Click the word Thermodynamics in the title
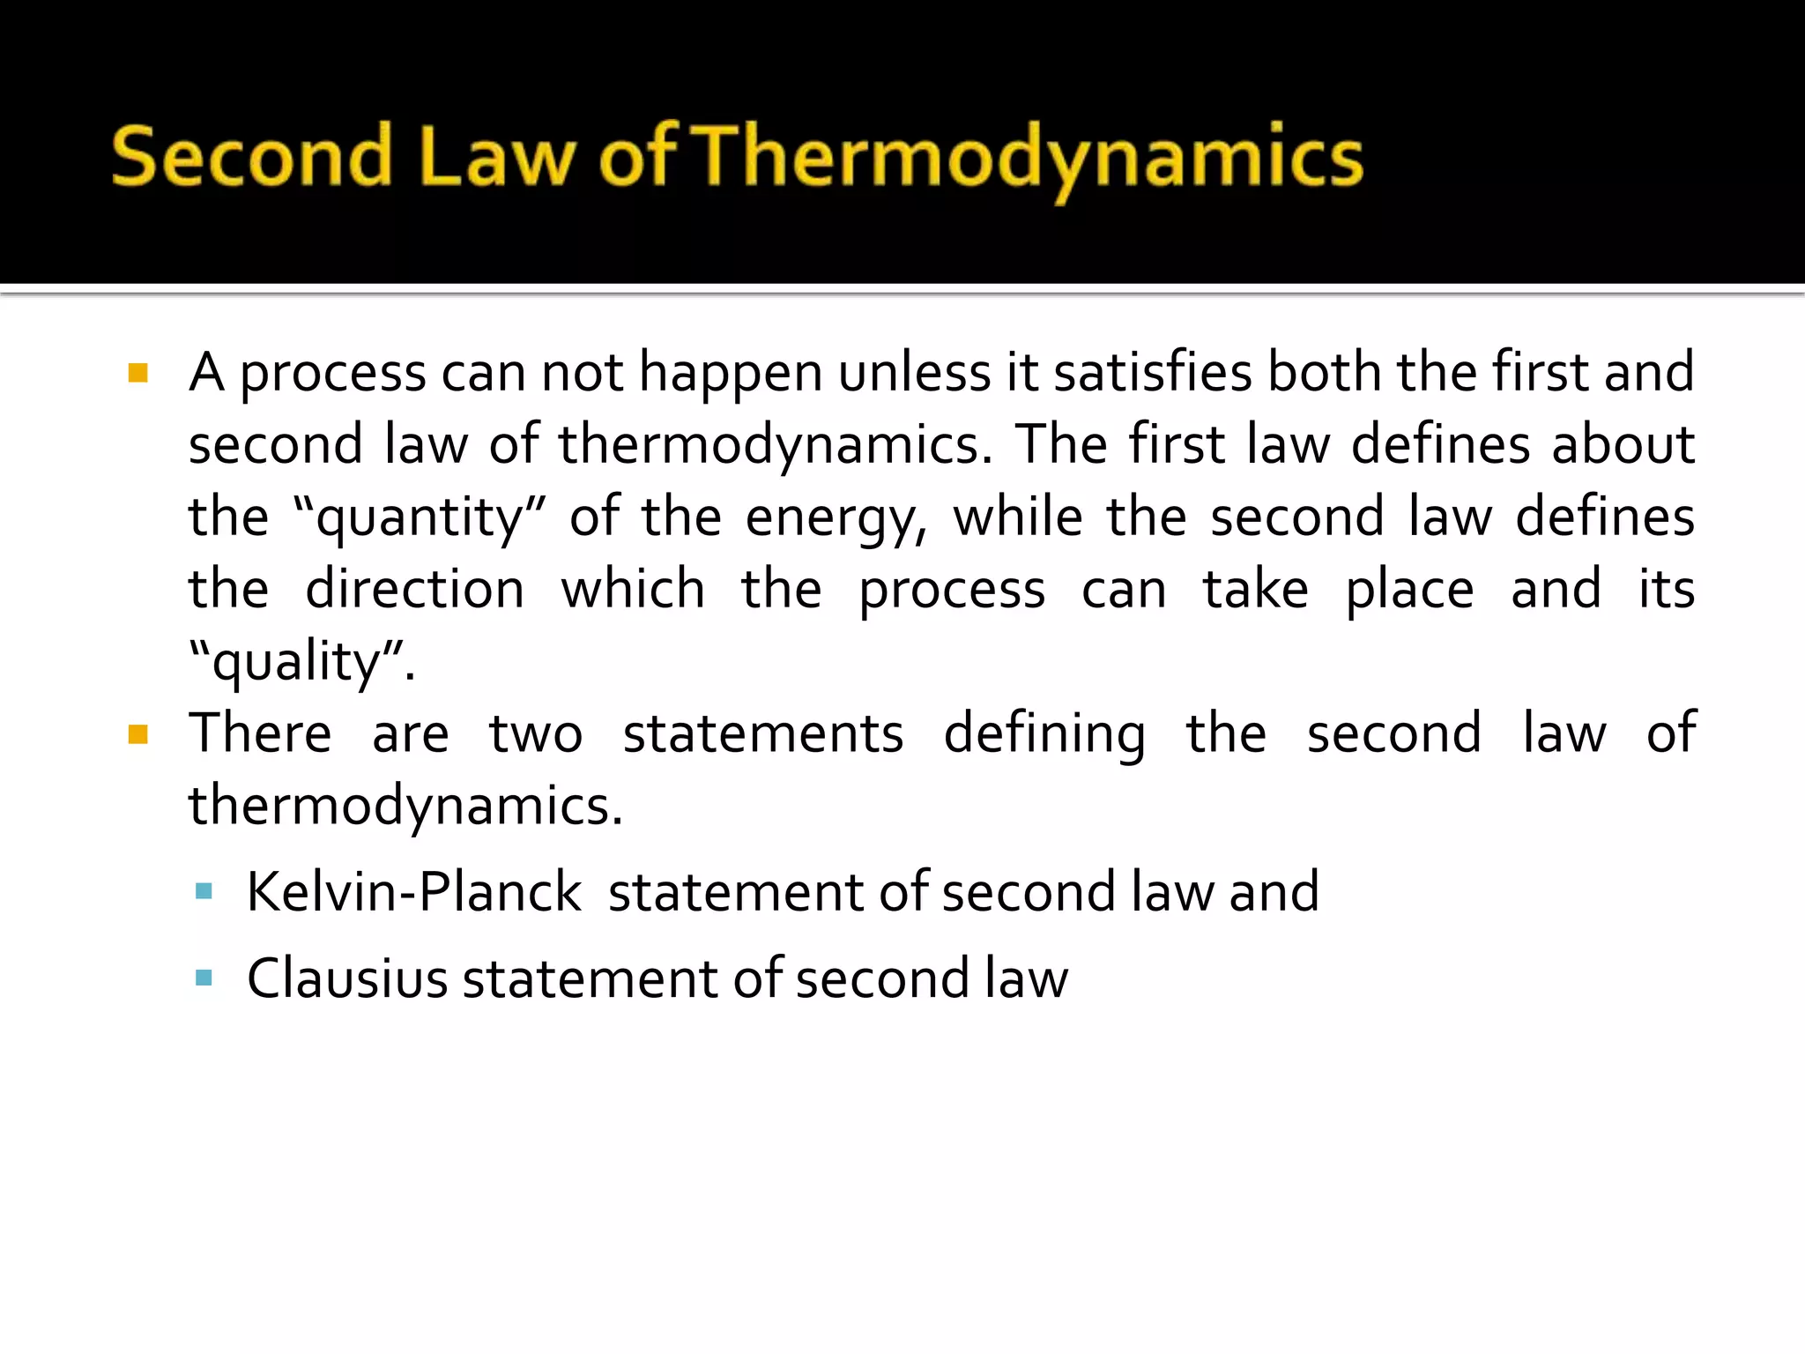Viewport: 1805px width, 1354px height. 1031,159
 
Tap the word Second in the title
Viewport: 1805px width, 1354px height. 251,157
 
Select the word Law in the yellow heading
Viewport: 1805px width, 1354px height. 497,157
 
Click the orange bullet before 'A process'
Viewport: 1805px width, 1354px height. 138,373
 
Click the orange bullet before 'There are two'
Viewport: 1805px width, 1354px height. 138,734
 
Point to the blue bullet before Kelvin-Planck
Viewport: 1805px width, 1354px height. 204,891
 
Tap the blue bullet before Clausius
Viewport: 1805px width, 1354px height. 204,978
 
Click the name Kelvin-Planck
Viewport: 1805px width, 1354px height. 414,891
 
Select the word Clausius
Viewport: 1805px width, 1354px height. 347,978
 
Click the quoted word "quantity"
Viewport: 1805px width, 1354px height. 420,517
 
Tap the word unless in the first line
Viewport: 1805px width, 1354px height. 914,372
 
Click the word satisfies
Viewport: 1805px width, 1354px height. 1153,372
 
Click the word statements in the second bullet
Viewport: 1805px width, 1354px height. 762,733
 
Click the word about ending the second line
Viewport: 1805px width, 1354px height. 1623,444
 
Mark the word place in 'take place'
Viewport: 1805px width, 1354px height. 1409,591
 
